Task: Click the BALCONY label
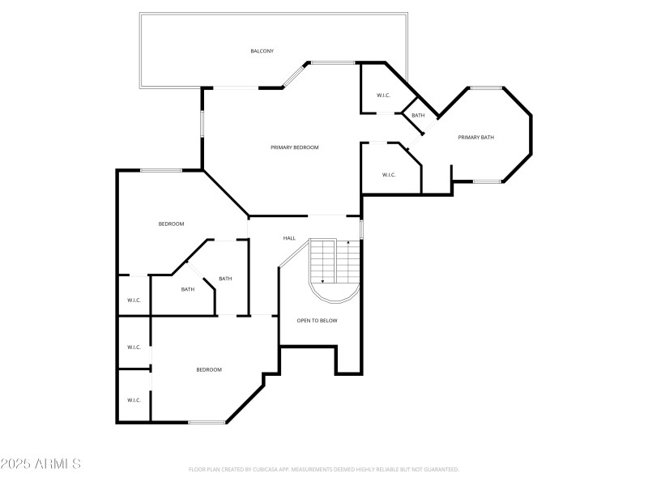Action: (x=262, y=51)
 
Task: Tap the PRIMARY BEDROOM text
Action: (x=294, y=147)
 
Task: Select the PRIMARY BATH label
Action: (x=475, y=137)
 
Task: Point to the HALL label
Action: (x=289, y=238)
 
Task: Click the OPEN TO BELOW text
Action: (x=317, y=321)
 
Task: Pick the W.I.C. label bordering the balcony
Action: (x=383, y=96)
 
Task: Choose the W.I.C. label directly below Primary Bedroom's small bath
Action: (x=388, y=175)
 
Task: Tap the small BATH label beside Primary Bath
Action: (x=418, y=116)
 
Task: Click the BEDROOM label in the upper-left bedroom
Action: (x=171, y=224)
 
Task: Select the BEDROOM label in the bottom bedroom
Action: (x=209, y=369)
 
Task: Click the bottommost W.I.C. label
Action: (x=134, y=399)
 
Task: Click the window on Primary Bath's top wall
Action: (x=487, y=87)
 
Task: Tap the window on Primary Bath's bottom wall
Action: (x=487, y=181)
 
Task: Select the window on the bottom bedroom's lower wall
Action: (x=207, y=422)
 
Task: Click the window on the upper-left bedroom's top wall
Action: (x=160, y=170)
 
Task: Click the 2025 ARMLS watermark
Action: (x=40, y=464)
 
